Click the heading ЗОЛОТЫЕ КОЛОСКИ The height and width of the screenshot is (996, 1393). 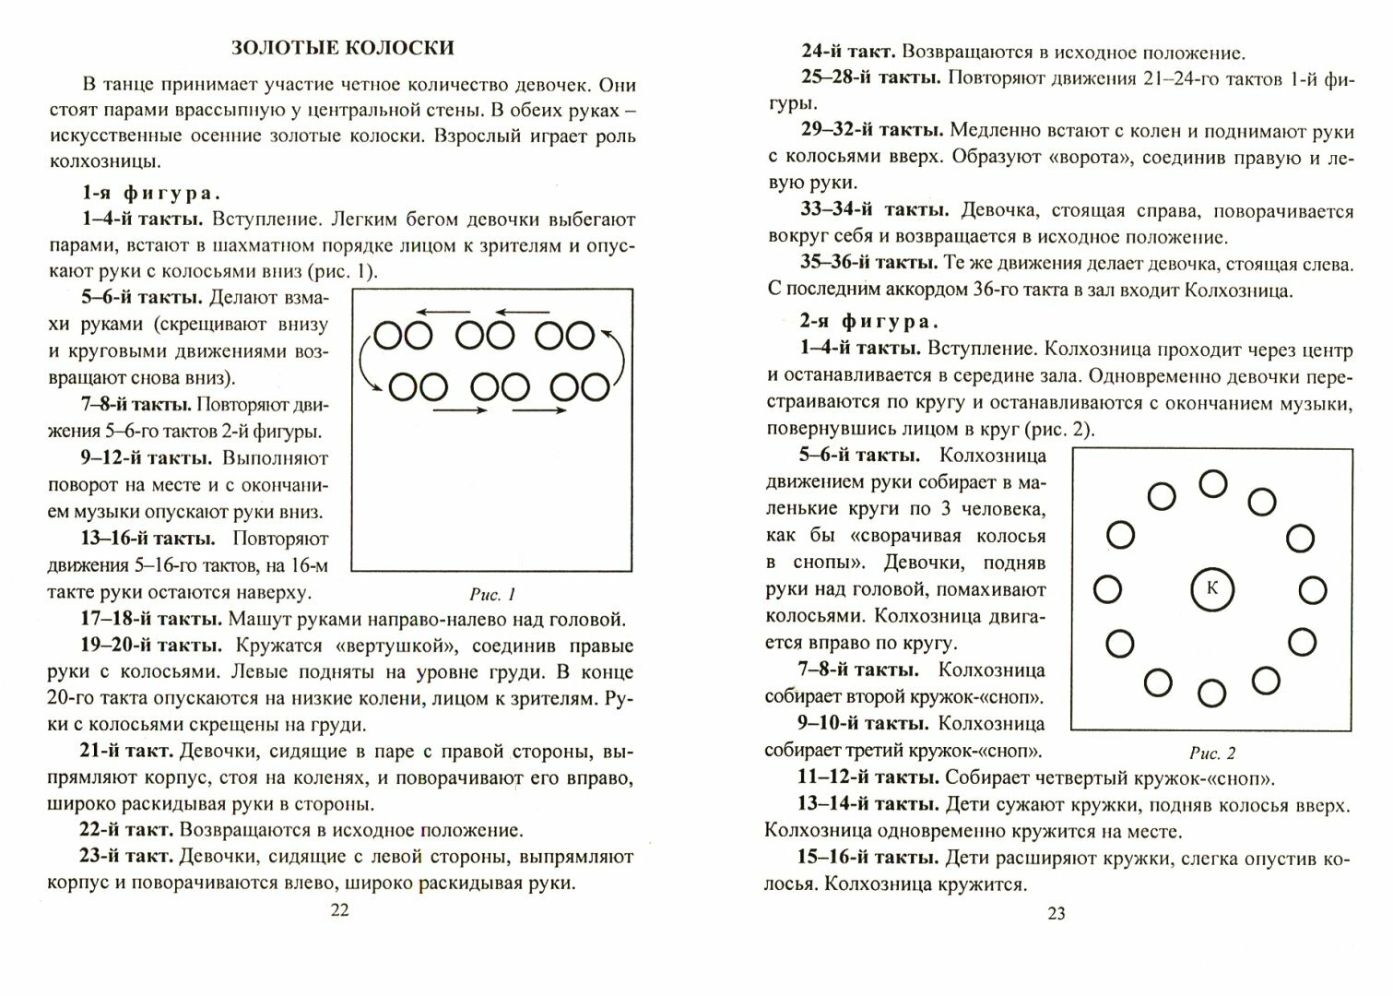(342, 47)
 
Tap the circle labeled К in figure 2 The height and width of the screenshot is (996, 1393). (1212, 589)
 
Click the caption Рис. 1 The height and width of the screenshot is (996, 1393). (492, 594)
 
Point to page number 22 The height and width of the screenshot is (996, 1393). (340, 910)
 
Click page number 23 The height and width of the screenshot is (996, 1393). (1057, 913)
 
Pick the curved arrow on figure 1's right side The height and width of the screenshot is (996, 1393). (624, 357)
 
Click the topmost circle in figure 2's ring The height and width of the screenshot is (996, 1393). (1213, 483)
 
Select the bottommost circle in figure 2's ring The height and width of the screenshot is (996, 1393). (1211, 694)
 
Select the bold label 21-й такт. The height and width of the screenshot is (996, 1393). (127, 751)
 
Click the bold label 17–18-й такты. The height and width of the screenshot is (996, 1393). (151, 619)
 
